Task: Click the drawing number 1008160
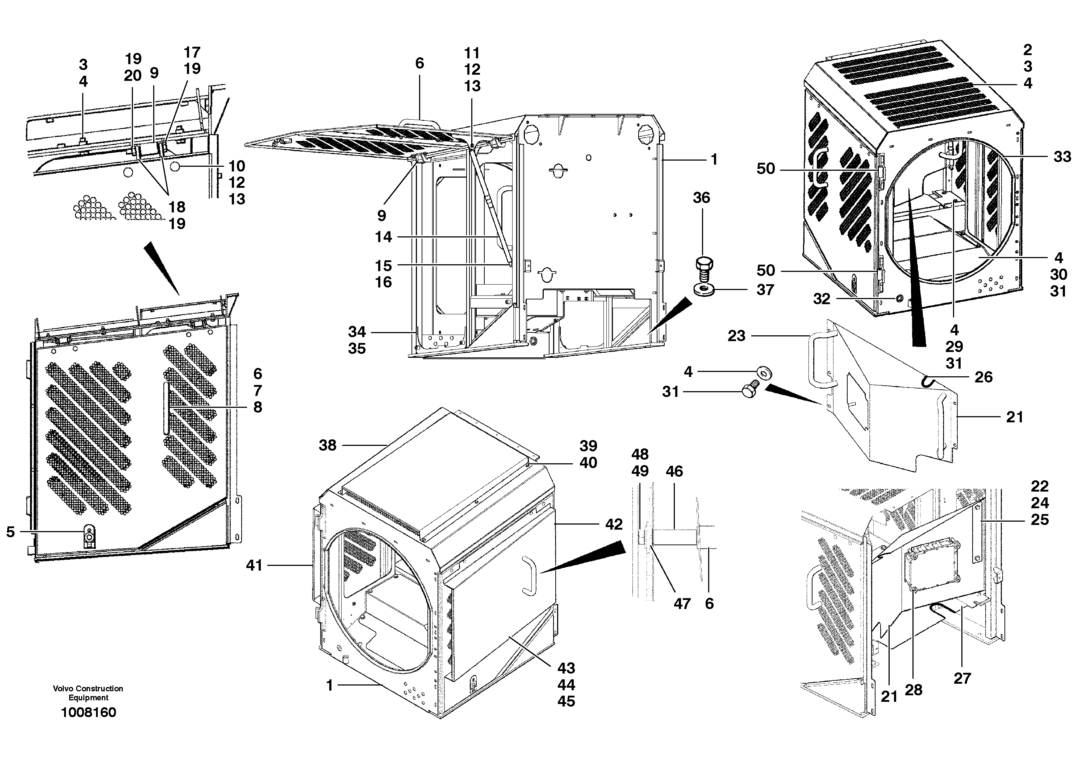(x=88, y=712)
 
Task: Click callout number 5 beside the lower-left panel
(x=11, y=532)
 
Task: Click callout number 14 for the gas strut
(x=383, y=237)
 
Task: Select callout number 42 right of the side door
(x=614, y=524)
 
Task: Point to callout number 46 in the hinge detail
(x=674, y=472)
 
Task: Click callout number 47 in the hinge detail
(x=682, y=604)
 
